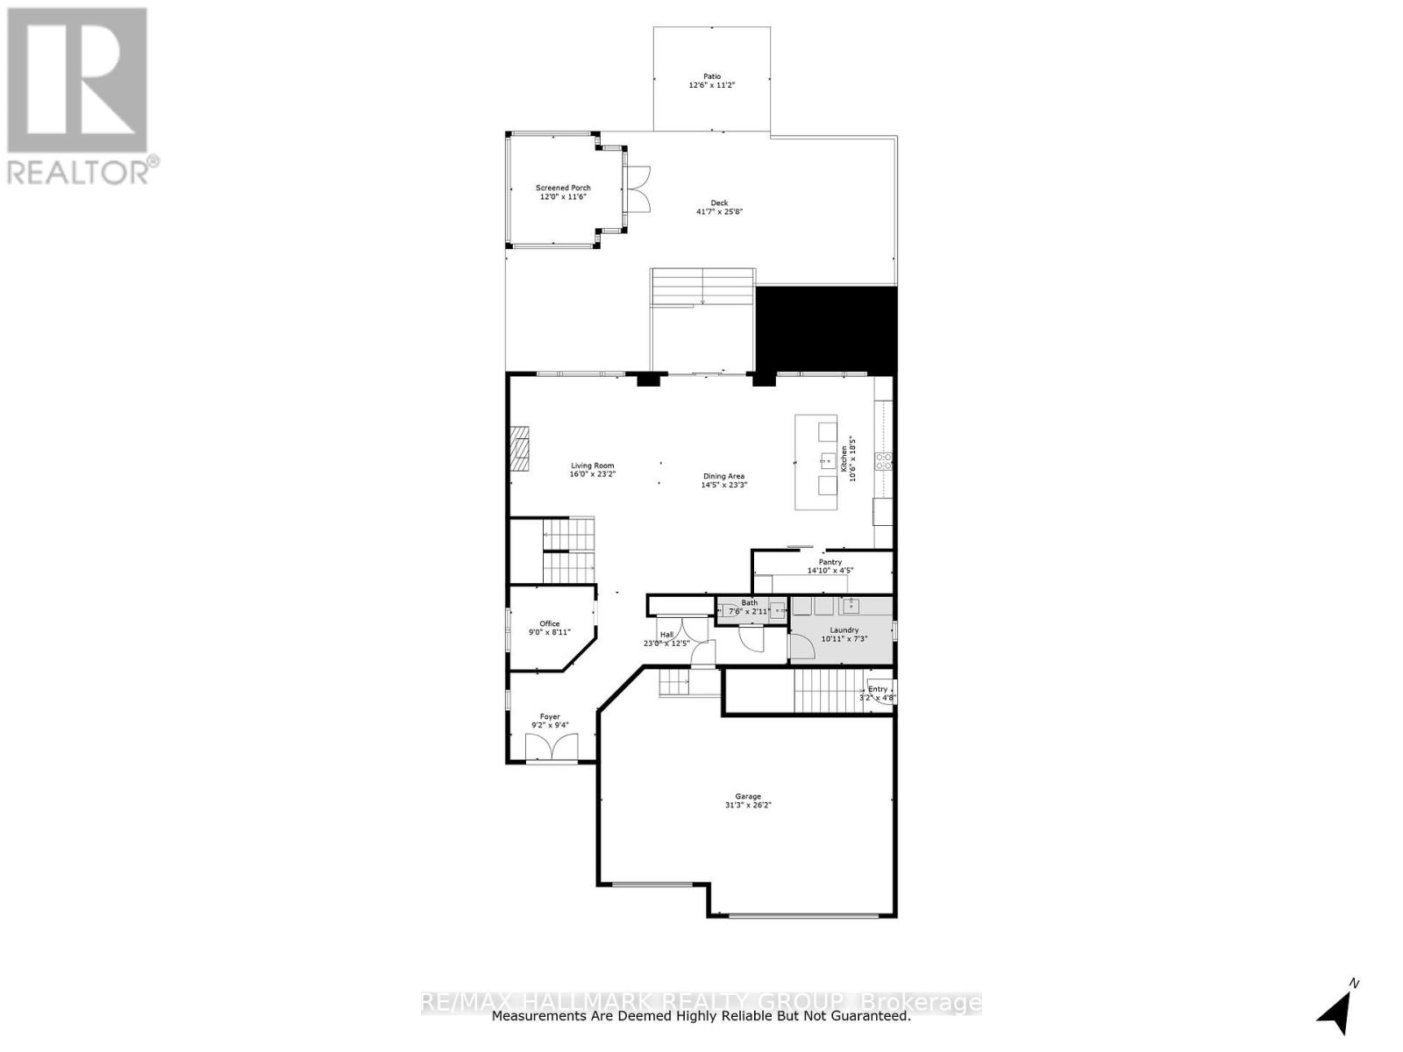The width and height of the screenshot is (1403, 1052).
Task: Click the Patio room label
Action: click(711, 76)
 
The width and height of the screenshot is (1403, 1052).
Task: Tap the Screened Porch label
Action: click(563, 188)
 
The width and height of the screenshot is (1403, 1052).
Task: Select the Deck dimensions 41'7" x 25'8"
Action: click(719, 212)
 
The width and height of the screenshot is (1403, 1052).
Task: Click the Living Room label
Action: click(592, 466)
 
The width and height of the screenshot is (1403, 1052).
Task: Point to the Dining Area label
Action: click(723, 476)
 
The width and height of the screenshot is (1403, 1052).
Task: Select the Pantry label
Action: click(830, 562)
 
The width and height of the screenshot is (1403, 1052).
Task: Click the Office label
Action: click(549, 624)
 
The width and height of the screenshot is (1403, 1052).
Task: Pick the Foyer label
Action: click(550, 716)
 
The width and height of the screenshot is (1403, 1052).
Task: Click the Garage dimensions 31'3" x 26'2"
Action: click(747, 806)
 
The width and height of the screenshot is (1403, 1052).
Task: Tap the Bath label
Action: click(749, 603)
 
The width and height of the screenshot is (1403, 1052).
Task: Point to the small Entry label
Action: click(878, 689)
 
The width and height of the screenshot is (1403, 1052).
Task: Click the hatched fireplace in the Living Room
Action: click(521, 449)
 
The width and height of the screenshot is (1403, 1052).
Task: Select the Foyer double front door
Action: click(552, 748)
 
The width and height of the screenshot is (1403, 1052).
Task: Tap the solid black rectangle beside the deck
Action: click(827, 330)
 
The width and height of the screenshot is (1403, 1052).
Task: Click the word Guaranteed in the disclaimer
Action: click(867, 1016)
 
